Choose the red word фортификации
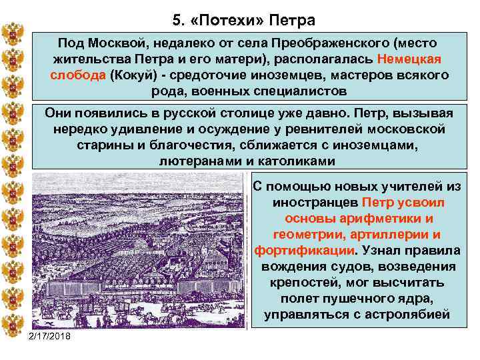(x=304, y=250)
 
